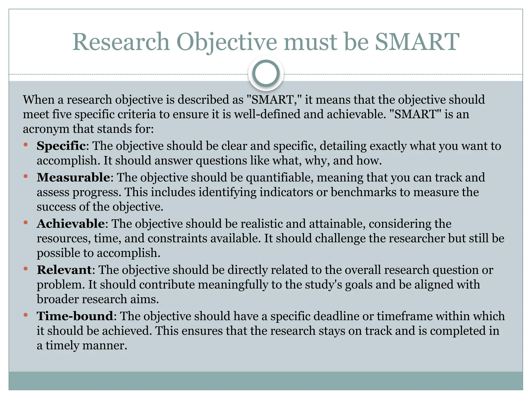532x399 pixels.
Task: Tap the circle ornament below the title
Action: (x=266, y=74)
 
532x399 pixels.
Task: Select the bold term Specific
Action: (x=61, y=146)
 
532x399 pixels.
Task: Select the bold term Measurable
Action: (x=74, y=177)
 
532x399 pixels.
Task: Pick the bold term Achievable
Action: (x=71, y=224)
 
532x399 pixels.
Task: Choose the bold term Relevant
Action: (x=64, y=270)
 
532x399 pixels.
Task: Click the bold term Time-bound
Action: (x=75, y=316)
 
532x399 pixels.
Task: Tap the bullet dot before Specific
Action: (x=25, y=144)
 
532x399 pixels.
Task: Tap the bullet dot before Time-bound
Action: (x=25, y=315)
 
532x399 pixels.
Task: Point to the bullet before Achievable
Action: (x=25, y=222)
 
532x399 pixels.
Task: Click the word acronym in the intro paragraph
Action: (x=46, y=129)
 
